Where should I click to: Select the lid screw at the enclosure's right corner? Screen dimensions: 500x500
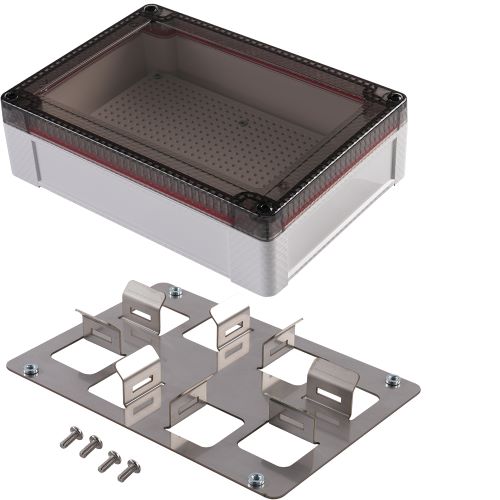(397, 98)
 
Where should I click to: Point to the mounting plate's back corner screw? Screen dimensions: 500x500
(177, 292)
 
